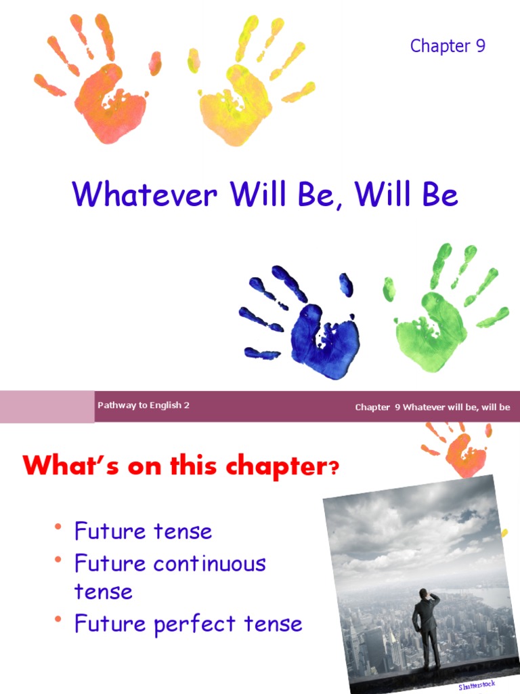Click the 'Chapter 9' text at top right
click(x=448, y=46)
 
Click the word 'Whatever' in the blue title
click(x=146, y=195)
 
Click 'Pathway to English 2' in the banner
click(x=143, y=405)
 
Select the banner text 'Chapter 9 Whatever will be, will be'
click(x=432, y=407)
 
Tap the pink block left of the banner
click(x=47, y=406)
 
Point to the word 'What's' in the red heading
click(x=58, y=467)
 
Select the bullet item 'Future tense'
click(x=143, y=531)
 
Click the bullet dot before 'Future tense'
click(x=59, y=528)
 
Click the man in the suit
click(x=427, y=627)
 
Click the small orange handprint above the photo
click(x=464, y=451)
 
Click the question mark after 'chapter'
click(x=332, y=469)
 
